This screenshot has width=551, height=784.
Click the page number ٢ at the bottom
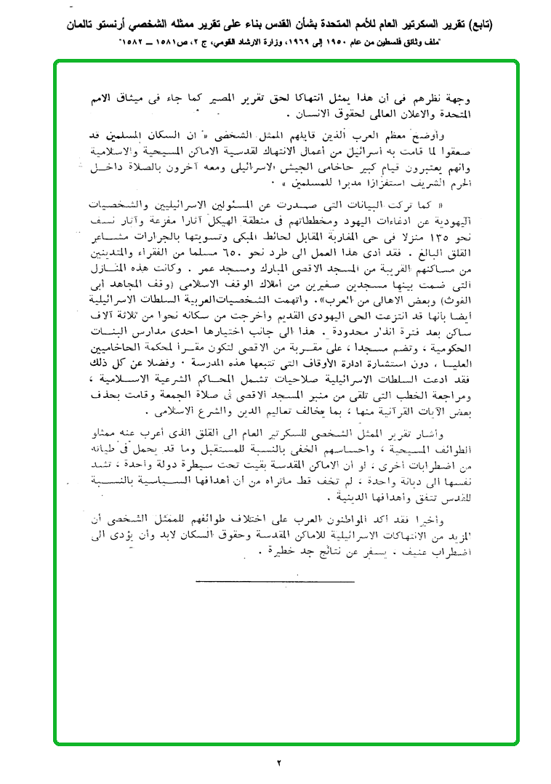tap(278, 763)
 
